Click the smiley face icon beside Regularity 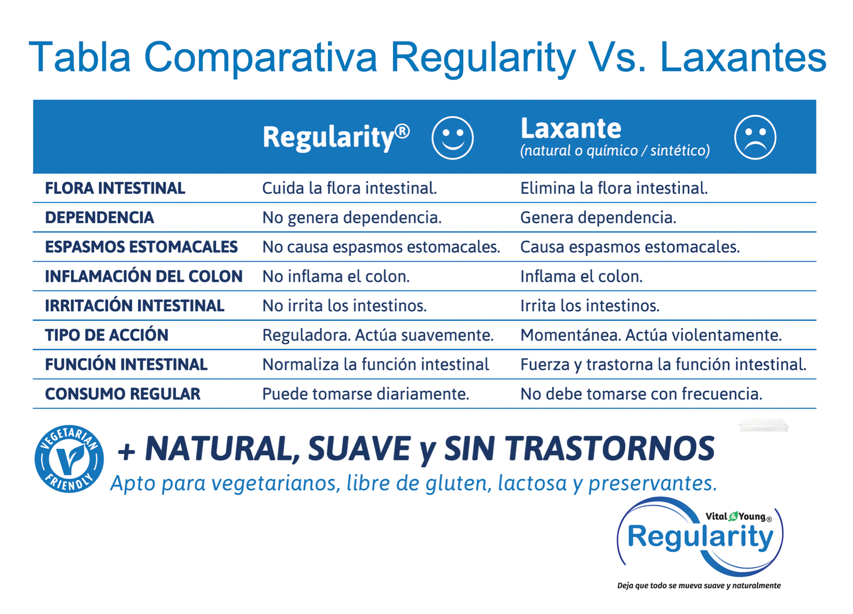(453, 138)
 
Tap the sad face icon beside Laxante (755, 137)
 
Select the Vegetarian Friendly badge (69, 459)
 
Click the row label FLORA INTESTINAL (115, 188)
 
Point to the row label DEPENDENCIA (99, 217)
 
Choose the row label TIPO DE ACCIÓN (107, 335)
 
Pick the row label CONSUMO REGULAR (123, 393)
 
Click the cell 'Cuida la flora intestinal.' (350, 188)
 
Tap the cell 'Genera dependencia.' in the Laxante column (598, 217)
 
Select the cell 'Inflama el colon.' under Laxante (582, 277)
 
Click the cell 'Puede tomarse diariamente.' (366, 393)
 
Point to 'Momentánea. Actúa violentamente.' (651, 335)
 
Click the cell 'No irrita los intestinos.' (344, 306)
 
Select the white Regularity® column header (336, 138)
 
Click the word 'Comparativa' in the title (261, 57)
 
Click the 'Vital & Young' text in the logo (738, 516)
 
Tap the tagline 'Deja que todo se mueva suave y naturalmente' (699, 585)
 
